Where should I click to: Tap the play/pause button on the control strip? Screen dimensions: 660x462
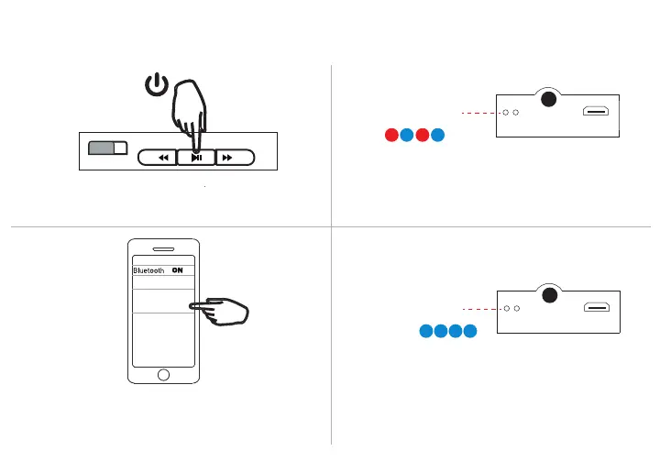pyautogui.click(x=196, y=158)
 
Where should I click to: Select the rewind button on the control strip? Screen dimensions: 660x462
pyautogui.click(x=162, y=158)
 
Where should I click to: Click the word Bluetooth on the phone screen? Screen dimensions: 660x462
pyautogui.click(x=148, y=270)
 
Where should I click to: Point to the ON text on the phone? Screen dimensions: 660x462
pyautogui.click(x=178, y=270)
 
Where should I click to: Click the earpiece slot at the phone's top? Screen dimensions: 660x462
pyautogui.click(x=163, y=248)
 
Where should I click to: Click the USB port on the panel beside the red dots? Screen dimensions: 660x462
pyautogui.click(x=597, y=113)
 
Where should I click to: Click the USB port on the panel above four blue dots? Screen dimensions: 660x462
pyautogui.click(x=597, y=308)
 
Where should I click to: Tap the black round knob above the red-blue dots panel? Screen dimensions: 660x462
pyautogui.click(x=548, y=100)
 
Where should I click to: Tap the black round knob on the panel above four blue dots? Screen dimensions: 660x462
pyautogui.click(x=548, y=295)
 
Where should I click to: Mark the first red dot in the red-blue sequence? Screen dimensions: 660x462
pyautogui.click(x=391, y=137)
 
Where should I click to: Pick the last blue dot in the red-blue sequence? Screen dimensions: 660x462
pyautogui.click(x=438, y=137)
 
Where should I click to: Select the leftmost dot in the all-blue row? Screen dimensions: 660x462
pyautogui.click(x=427, y=332)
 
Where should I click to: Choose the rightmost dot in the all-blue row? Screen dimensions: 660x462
pyautogui.click(x=470, y=332)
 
